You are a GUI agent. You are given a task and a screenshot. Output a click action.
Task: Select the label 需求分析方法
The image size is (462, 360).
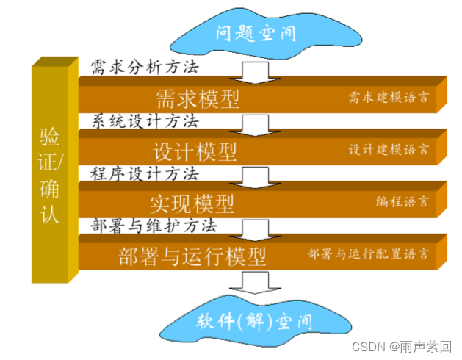pyautogui.click(x=145, y=67)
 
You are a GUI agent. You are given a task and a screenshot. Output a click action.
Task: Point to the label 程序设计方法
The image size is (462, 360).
pyautogui.click(x=145, y=174)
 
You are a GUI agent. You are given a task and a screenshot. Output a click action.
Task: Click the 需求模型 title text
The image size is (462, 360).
pyautogui.click(x=198, y=98)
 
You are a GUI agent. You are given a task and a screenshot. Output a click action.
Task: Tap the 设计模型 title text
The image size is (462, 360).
pyautogui.click(x=195, y=151)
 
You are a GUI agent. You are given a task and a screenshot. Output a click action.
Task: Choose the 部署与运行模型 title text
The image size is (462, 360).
pyautogui.click(x=191, y=256)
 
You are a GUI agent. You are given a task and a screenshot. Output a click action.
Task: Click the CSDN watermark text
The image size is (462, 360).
pyautogui.click(x=402, y=345)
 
